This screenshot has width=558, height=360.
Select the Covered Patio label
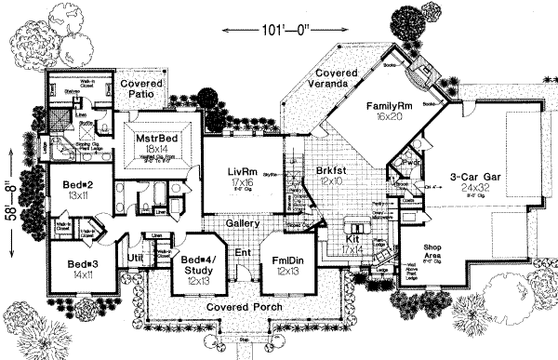point(143,89)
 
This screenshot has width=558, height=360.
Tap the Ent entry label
point(243,252)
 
